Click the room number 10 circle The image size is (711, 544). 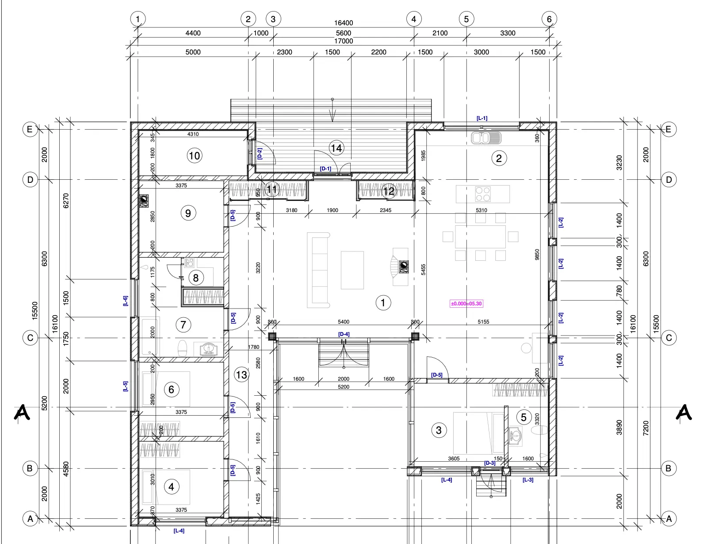pyautogui.click(x=195, y=156)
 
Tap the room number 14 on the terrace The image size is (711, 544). pyautogui.click(x=336, y=148)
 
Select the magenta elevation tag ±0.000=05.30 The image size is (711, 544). pyautogui.click(x=466, y=304)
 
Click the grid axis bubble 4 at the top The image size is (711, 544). pyautogui.click(x=413, y=19)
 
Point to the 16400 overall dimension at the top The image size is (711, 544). pyautogui.click(x=344, y=23)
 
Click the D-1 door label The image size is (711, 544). pyautogui.click(x=325, y=169)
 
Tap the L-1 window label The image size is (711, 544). pyautogui.click(x=482, y=118)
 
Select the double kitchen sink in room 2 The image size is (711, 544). pyautogui.click(x=486, y=138)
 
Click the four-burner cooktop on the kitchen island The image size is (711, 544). pyautogui.click(x=483, y=194)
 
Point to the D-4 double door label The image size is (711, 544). pyautogui.click(x=344, y=334)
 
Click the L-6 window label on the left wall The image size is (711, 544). pyautogui.click(x=126, y=301)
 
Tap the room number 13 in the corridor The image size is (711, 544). pyautogui.click(x=241, y=375)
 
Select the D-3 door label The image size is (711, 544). pyautogui.click(x=489, y=463)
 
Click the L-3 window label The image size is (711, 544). pyautogui.click(x=528, y=480)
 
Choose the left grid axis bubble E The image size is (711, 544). pyautogui.click(x=30, y=129)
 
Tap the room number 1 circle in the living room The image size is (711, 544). pyautogui.click(x=383, y=303)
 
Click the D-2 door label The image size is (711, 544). pyautogui.click(x=260, y=154)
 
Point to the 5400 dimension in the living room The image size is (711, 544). pyautogui.click(x=344, y=322)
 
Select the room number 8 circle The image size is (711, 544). pyautogui.click(x=195, y=278)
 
